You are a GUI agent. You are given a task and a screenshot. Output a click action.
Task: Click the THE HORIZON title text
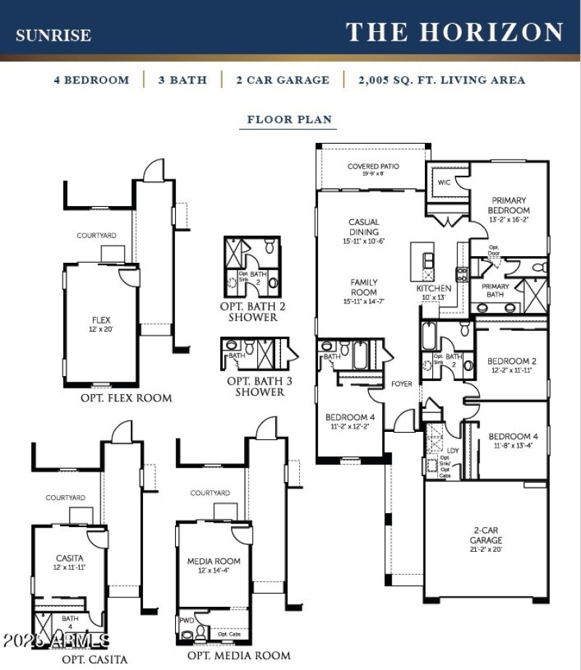coord(455,33)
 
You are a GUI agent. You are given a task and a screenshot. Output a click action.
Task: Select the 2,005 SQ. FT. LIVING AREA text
coord(442,80)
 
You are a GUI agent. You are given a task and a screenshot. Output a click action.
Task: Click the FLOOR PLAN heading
coord(289,120)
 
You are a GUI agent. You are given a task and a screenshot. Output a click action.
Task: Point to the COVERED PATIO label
coord(373,167)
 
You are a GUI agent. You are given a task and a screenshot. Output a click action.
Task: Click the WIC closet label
coord(444,182)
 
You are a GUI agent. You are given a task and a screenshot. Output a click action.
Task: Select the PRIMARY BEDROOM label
coord(509,205)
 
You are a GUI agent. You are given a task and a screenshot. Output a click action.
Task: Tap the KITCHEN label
coord(434,288)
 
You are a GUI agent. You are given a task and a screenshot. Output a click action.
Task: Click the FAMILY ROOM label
coord(364,287)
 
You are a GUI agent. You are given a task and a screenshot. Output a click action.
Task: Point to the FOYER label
coord(402,384)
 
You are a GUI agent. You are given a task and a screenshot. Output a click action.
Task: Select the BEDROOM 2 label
coord(512,361)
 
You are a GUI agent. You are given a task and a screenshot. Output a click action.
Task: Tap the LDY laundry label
coord(452,451)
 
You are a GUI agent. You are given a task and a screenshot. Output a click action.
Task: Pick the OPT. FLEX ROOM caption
coord(126,398)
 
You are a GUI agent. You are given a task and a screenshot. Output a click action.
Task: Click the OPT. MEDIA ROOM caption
coord(239,655)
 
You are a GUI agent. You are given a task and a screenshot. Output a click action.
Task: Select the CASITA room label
coord(70,558)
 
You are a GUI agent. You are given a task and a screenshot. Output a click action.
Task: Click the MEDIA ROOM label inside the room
coord(214,561)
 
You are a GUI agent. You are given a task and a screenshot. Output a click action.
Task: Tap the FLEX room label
coord(101,319)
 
